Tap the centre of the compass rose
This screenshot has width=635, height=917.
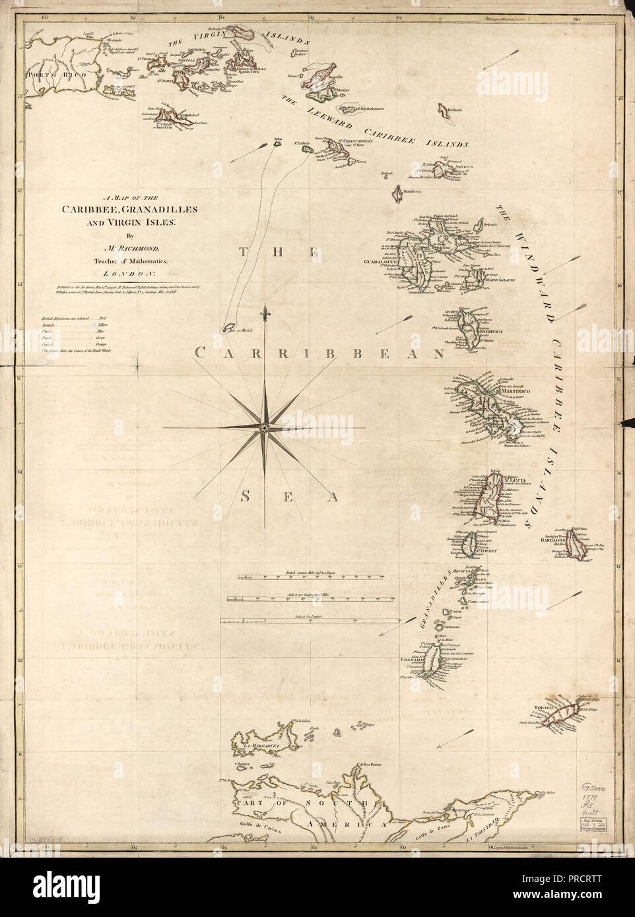(265, 428)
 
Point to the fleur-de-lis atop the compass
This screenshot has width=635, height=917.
(265, 310)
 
